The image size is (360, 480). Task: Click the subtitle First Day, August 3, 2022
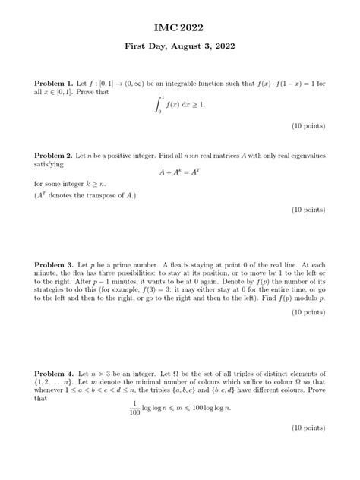(x=180, y=46)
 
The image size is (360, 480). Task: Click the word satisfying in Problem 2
(x=49, y=163)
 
